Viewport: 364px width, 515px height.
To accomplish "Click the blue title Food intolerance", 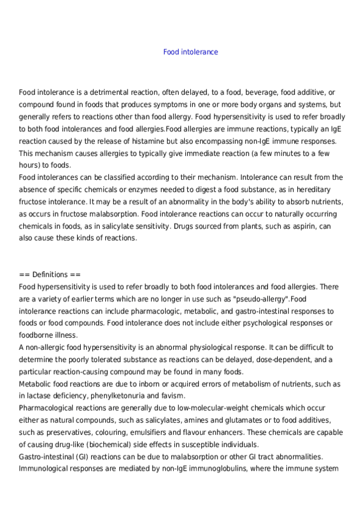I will click(190, 52).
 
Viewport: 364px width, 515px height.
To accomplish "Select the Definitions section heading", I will click(46, 275).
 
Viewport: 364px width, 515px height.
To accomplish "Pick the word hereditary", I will click(325, 189).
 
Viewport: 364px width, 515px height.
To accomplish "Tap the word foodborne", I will click(37, 335).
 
